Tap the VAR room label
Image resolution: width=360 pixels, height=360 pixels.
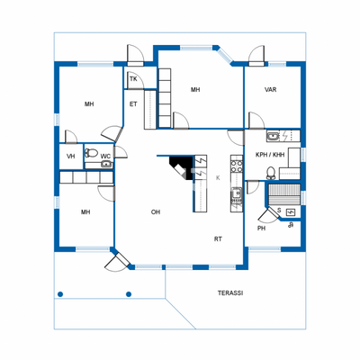pyautogui.click(x=270, y=90)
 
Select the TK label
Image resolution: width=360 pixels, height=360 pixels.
pyautogui.click(x=133, y=79)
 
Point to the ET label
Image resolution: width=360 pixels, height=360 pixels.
pyautogui.click(x=133, y=104)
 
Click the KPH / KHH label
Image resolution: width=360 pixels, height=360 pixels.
pyautogui.click(x=270, y=155)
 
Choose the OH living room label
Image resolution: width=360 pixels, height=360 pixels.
pyautogui.click(x=156, y=212)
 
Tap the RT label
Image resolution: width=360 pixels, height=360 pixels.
pyautogui.click(x=218, y=238)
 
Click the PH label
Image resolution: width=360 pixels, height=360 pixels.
pyautogui.click(x=262, y=228)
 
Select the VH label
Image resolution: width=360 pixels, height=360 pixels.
pyautogui.click(x=71, y=157)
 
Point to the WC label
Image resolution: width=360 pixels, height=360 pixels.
pyautogui.click(x=105, y=157)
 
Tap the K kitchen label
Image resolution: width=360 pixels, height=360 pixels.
pyautogui.click(x=218, y=178)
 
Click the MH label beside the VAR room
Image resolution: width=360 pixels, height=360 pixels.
pyautogui.click(x=195, y=90)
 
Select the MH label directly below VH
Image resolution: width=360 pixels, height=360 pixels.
pyautogui.click(x=85, y=212)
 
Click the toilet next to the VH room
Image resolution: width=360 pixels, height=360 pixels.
pyautogui.click(x=91, y=154)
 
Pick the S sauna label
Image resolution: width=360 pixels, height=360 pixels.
pyautogui.click(x=279, y=211)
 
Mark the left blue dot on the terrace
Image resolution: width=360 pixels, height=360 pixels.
pyautogui.click(x=60, y=293)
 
